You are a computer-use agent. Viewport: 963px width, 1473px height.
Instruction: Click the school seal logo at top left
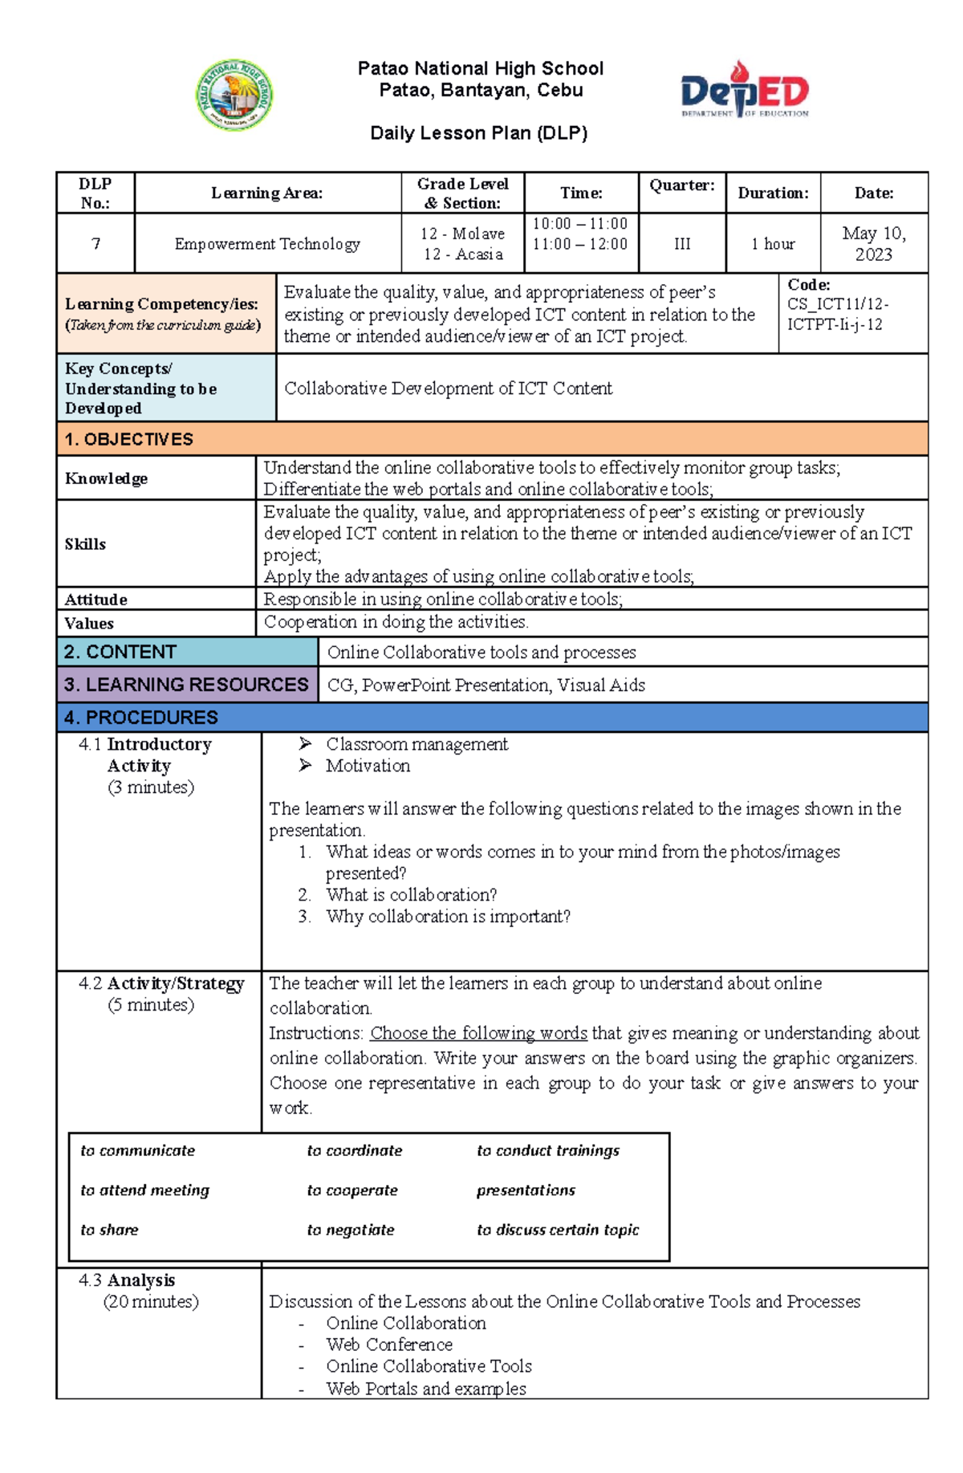pyautogui.click(x=234, y=96)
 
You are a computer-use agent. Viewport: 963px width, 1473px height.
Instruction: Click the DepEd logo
pyautogui.click(x=745, y=91)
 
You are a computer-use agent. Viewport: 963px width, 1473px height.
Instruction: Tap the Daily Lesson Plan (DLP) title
pyautogui.click(x=479, y=133)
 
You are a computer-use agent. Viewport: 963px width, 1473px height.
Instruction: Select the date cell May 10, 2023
pyautogui.click(x=873, y=243)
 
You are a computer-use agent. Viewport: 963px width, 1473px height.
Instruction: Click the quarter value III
pyautogui.click(x=682, y=243)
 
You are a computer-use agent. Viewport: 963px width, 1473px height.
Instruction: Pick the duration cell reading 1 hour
pyautogui.click(x=773, y=243)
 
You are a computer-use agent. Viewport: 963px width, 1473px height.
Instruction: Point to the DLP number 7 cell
pyautogui.click(x=95, y=243)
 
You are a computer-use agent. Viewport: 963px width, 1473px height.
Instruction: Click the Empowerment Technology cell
pyautogui.click(x=267, y=243)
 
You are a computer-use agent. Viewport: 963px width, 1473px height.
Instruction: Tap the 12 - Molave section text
pyautogui.click(x=462, y=234)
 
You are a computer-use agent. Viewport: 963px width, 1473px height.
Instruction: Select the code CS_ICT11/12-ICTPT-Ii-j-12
pyautogui.click(x=838, y=314)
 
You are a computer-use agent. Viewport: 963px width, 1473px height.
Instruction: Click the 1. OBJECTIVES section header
pyautogui.click(x=129, y=439)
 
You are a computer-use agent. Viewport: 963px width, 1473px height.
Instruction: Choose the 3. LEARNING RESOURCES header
pyautogui.click(x=186, y=685)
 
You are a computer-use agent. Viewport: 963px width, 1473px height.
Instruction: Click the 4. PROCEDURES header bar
pyautogui.click(x=141, y=717)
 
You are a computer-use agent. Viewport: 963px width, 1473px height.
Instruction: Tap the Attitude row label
pyautogui.click(x=95, y=600)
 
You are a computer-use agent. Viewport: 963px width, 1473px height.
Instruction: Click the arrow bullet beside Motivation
pyautogui.click(x=305, y=766)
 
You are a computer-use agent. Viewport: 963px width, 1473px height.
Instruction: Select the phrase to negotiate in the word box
pyautogui.click(x=351, y=1230)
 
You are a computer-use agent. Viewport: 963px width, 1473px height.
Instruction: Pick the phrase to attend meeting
pyautogui.click(x=144, y=1190)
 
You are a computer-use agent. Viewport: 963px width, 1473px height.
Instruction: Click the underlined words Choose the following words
pyautogui.click(x=478, y=1033)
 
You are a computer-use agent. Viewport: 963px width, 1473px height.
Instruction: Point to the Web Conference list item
pyautogui.click(x=389, y=1345)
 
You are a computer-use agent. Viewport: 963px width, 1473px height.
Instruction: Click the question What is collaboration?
pyautogui.click(x=411, y=895)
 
